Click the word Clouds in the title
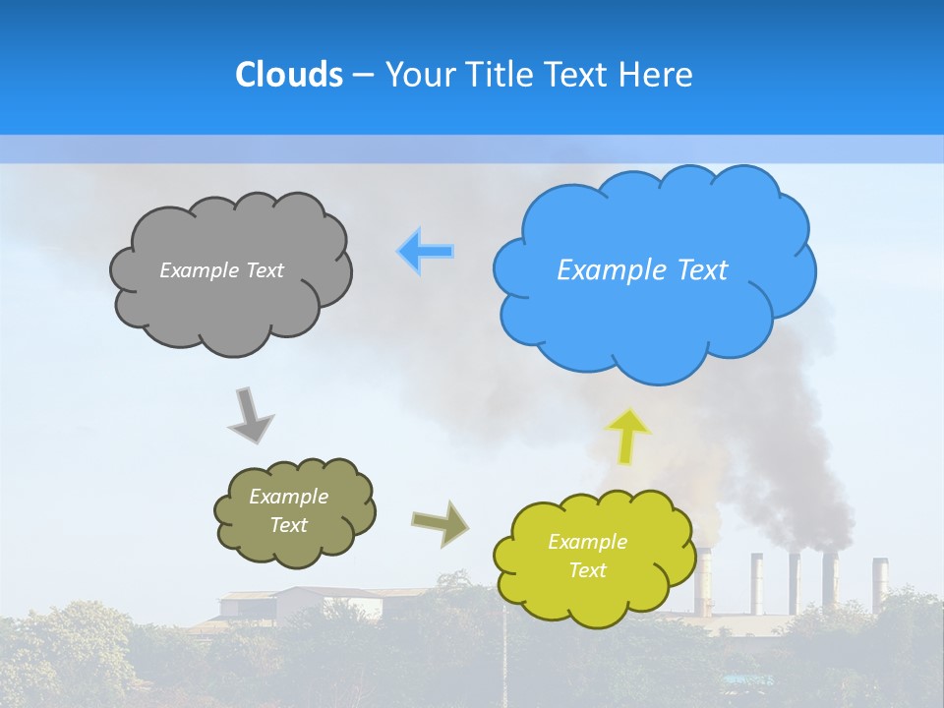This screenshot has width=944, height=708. tap(288, 75)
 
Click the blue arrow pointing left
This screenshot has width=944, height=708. tap(426, 252)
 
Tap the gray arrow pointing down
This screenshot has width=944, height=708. tap(251, 414)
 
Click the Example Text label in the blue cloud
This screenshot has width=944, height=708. tap(642, 270)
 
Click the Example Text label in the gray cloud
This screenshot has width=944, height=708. tap(221, 270)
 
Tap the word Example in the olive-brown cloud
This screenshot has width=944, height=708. tap(288, 497)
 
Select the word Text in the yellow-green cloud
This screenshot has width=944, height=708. tap(587, 570)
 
